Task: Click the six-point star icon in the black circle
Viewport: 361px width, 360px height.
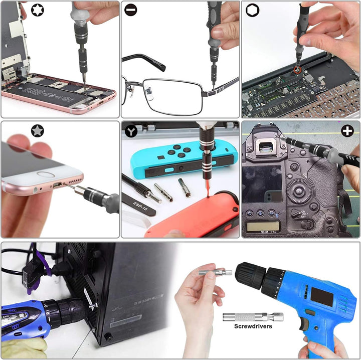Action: point(37,10)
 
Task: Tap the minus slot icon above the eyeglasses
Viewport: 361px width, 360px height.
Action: point(131,10)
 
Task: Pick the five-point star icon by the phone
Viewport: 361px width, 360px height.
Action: point(37,131)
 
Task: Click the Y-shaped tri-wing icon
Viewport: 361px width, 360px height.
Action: point(131,131)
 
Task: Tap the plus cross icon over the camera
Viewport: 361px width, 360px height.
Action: point(347,131)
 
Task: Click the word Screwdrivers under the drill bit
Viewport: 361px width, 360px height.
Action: point(253,326)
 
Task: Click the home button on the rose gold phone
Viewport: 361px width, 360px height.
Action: point(46,176)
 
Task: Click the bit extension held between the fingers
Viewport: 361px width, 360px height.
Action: point(215,273)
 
